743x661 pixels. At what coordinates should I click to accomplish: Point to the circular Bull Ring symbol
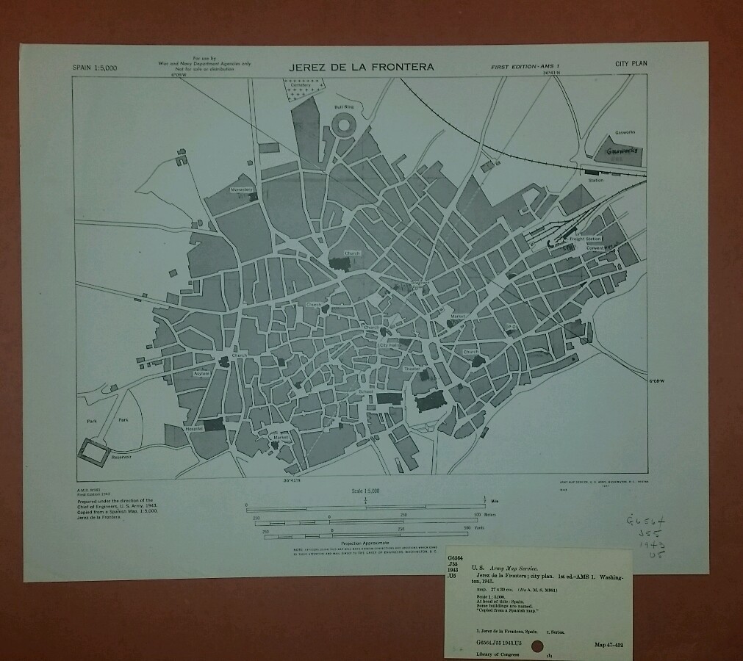[x=344, y=126]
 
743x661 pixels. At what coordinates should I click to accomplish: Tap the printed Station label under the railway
[x=596, y=179]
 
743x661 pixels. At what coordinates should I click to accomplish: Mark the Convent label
[x=595, y=248]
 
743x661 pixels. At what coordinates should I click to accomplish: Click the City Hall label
[x=389, y=344]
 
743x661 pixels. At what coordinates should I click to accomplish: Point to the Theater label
[x=411, y=368]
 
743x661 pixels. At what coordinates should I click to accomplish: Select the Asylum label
[x=202, y=374]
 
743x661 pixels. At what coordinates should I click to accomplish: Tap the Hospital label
[x=194, y=427]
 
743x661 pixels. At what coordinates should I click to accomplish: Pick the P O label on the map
[x=512, y=326]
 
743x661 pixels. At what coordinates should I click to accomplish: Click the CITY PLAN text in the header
[x=631, y=64]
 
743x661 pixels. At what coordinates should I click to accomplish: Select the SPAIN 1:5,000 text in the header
[x=96, y=68]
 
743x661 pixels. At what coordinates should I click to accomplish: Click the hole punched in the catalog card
[x=537, y=646]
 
